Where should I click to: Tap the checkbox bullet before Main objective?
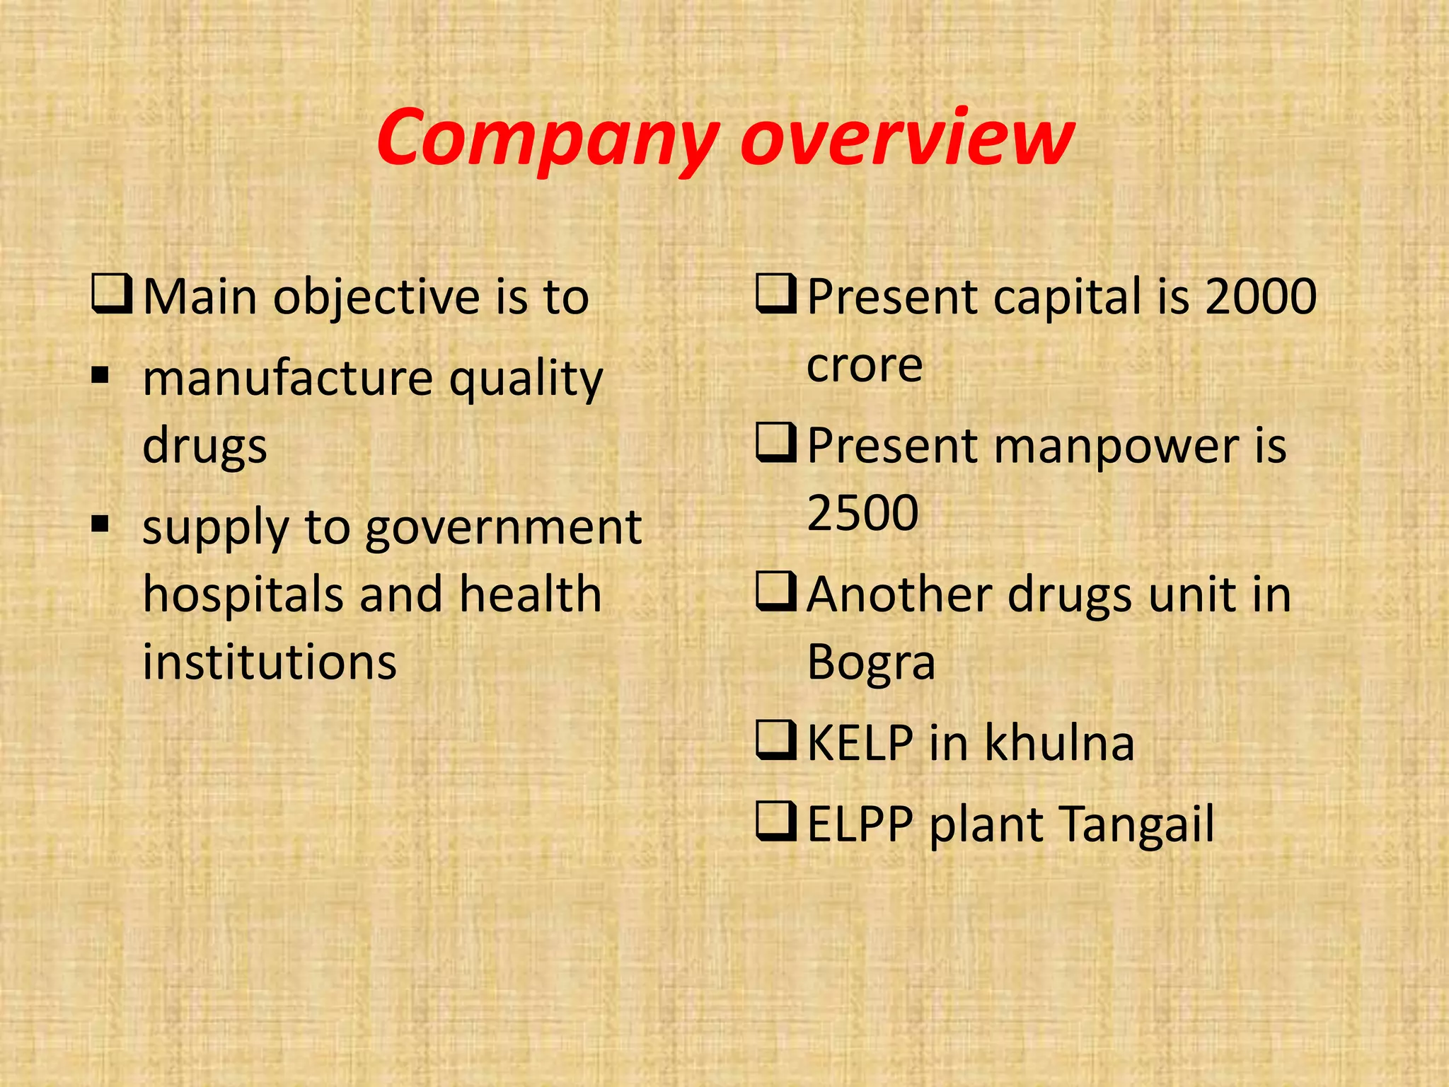(x=112, y=296)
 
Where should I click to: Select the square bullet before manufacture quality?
(x=100, y=373)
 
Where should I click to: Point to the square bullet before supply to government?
(x=100, y=523)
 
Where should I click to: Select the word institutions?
(x=270, y=662)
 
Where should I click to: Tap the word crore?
(x=865, y=365)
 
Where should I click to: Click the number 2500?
(x=862, y=512)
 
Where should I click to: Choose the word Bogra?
(x=871, y=663)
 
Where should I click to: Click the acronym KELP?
(x=860, y=743)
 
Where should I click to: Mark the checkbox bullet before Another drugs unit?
(x=776, y=593)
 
